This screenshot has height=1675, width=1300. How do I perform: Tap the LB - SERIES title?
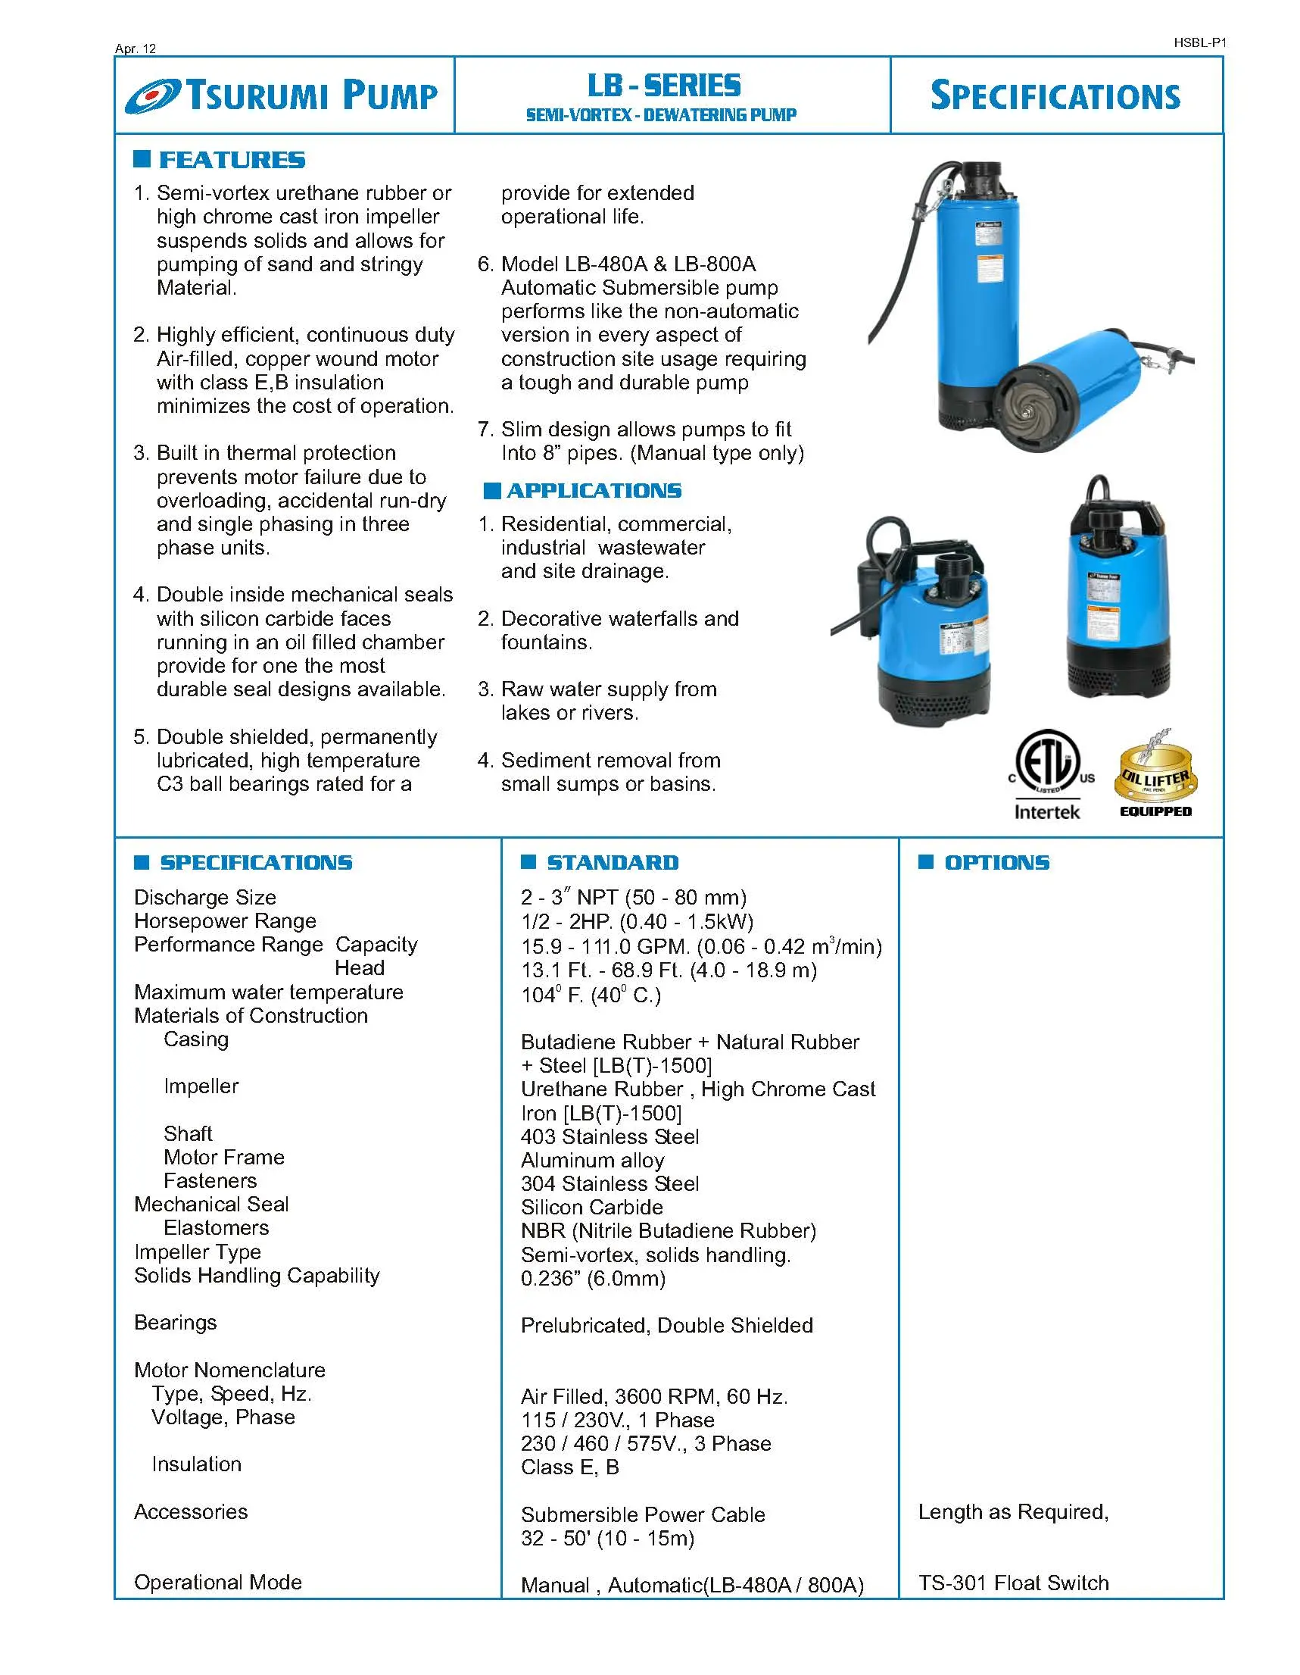664,85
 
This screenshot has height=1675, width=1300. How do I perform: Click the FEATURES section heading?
231,160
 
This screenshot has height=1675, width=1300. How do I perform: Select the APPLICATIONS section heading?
594,491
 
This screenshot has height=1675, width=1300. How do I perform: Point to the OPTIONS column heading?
996,863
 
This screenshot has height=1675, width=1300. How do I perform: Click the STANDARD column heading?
612,863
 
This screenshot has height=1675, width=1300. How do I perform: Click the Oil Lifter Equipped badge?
1156,774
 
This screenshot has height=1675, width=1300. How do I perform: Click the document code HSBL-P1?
1199,43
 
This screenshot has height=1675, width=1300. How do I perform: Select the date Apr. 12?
136,48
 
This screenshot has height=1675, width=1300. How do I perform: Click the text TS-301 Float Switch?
1013,1583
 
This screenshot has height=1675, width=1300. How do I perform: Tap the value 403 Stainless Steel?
609,1136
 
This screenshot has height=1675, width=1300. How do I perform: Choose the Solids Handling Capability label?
257,1276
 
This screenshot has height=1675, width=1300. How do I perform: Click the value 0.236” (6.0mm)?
593,1279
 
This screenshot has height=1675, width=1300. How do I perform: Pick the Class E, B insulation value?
569,1467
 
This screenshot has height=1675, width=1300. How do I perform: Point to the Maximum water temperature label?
268,992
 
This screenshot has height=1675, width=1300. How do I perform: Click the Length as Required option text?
1012,1511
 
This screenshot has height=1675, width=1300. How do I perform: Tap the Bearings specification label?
176,1322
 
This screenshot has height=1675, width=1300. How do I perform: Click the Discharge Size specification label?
204,897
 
